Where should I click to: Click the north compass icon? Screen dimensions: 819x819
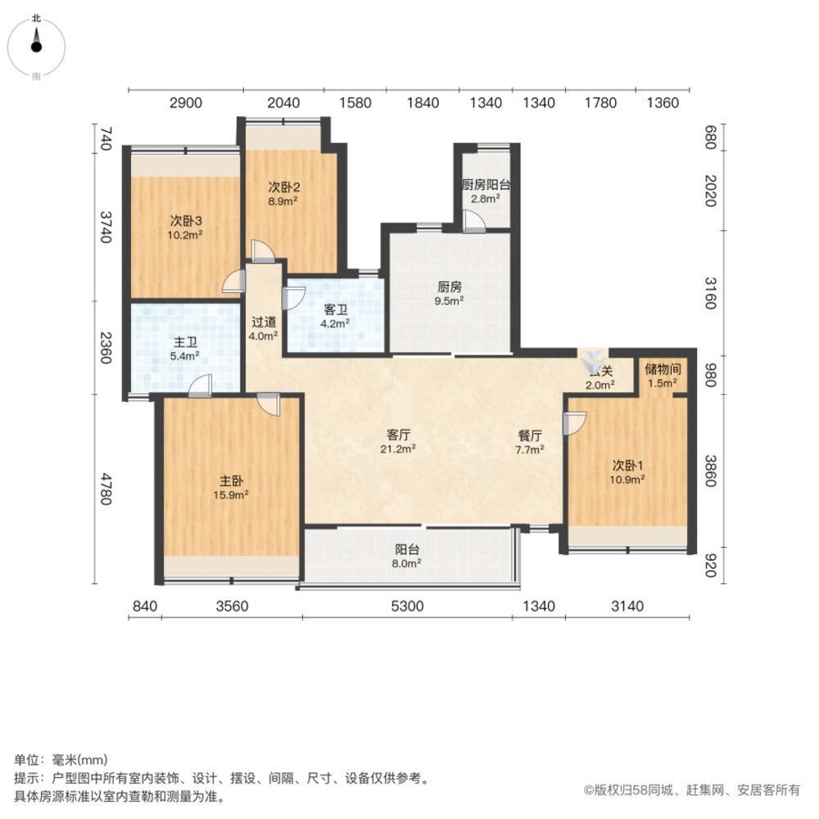click(x=36, y=45)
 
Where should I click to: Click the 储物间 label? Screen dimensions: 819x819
click(x=663, y=369)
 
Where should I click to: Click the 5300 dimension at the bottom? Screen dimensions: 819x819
click(x=407, y=606)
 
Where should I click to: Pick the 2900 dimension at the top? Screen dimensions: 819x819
click(x=185, y=103)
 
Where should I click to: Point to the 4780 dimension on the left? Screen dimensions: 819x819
click(x=105, y=488)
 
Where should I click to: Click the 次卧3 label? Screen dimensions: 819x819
click(x=186, y=220)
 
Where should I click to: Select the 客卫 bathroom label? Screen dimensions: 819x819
click(x=336, y=309)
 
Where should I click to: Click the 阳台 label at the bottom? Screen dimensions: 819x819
click(x=407, y=550)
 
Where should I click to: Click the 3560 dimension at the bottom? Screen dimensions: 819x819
click(x=232, y=606)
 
